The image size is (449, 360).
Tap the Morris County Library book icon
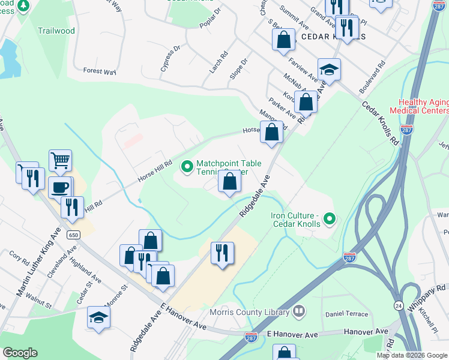[298, 311]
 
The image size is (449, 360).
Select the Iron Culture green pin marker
[328, 220]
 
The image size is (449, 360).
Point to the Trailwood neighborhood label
[56, 31]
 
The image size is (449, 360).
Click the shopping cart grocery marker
[60, 161]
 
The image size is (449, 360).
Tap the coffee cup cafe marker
[59, 187]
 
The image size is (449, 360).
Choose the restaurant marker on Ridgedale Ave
[222, 253]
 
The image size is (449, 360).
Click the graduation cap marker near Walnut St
[99, 317]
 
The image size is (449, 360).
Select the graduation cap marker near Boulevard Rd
[329, 70]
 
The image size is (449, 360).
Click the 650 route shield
[73, 234]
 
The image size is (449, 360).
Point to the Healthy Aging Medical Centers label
[419, 106]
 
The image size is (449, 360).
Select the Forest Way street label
[100, 71]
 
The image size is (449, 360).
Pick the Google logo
[20, 353]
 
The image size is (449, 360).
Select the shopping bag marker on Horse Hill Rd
[271, 132]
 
